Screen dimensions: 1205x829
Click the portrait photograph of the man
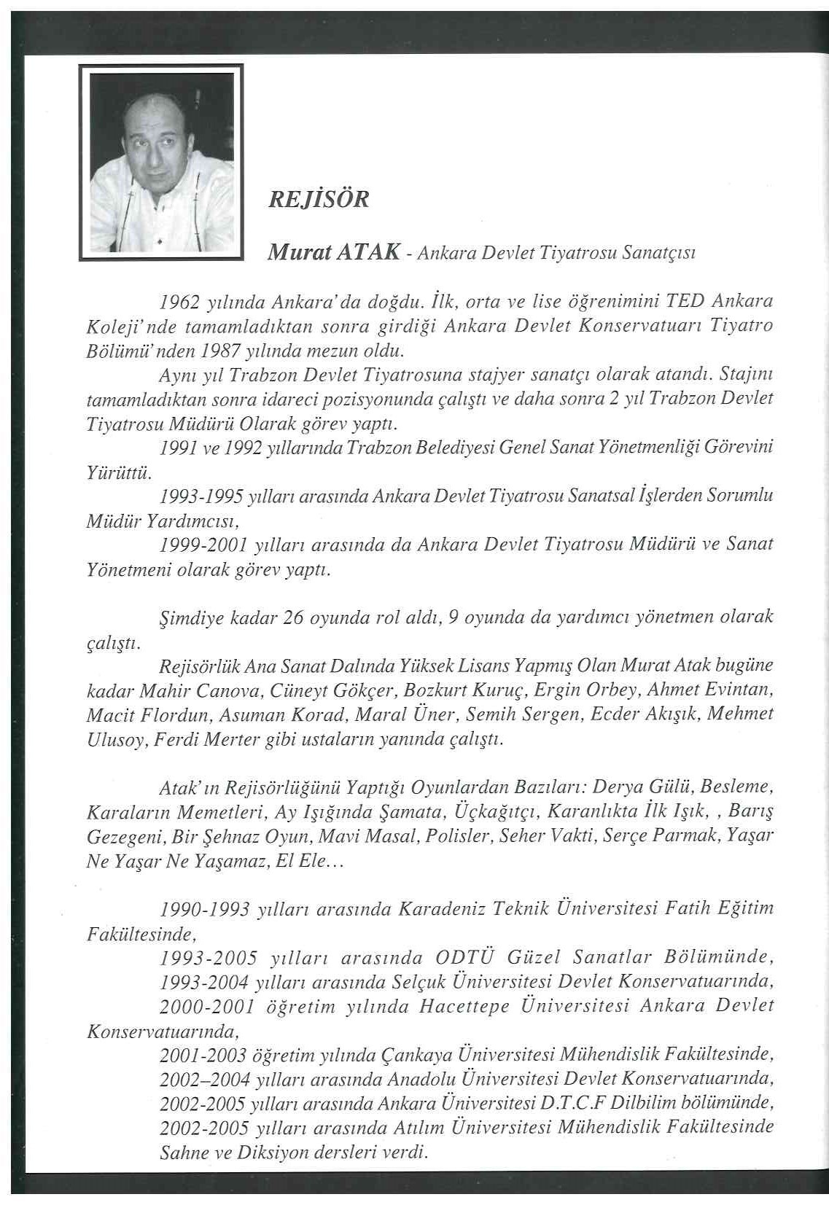[x=160, y=162]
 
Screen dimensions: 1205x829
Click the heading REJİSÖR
[x=319, y=199]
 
